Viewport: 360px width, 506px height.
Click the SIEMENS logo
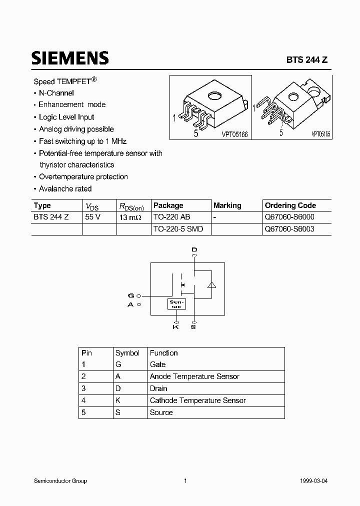pyautogui.click(x=70, y=57)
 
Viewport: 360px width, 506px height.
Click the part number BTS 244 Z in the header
pyautogui.click(x=306, y=59)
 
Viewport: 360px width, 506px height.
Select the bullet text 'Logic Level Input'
pyautogui.click(x=66, y=117)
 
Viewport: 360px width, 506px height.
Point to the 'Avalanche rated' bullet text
pyautogui.click(x=65, y=189)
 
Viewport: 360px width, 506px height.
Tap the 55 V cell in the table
pyautogui.click(x=93, y=217)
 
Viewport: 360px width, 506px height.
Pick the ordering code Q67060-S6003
pyautogui.click(x=289, y=229)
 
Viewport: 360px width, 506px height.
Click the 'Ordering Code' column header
pyautogui.click(x=290, y=205)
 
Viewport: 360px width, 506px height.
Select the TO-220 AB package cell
pyautogui.click(x=171, y=217)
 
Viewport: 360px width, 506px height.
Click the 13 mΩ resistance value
pyautogui.click(x=130, y=217)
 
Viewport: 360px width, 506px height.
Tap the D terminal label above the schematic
pyautogui.click(x=194, y=249)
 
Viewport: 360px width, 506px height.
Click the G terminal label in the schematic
pyautogui.click(x=131, y=296)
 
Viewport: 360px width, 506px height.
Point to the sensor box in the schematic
pyautogui.click(x=176, y=304)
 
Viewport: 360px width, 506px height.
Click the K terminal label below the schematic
pyautogui.click(x=175, y=326)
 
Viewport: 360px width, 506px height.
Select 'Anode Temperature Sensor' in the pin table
pyautogui.click(x=194, y=376)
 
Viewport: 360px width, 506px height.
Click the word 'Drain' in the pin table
pyautogui.click(x=158, y=388)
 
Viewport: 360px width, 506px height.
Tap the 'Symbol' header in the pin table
pyautogui.click(x=127, y=352)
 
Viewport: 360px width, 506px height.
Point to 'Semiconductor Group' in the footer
pyautogui.click(x=60, y=481)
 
